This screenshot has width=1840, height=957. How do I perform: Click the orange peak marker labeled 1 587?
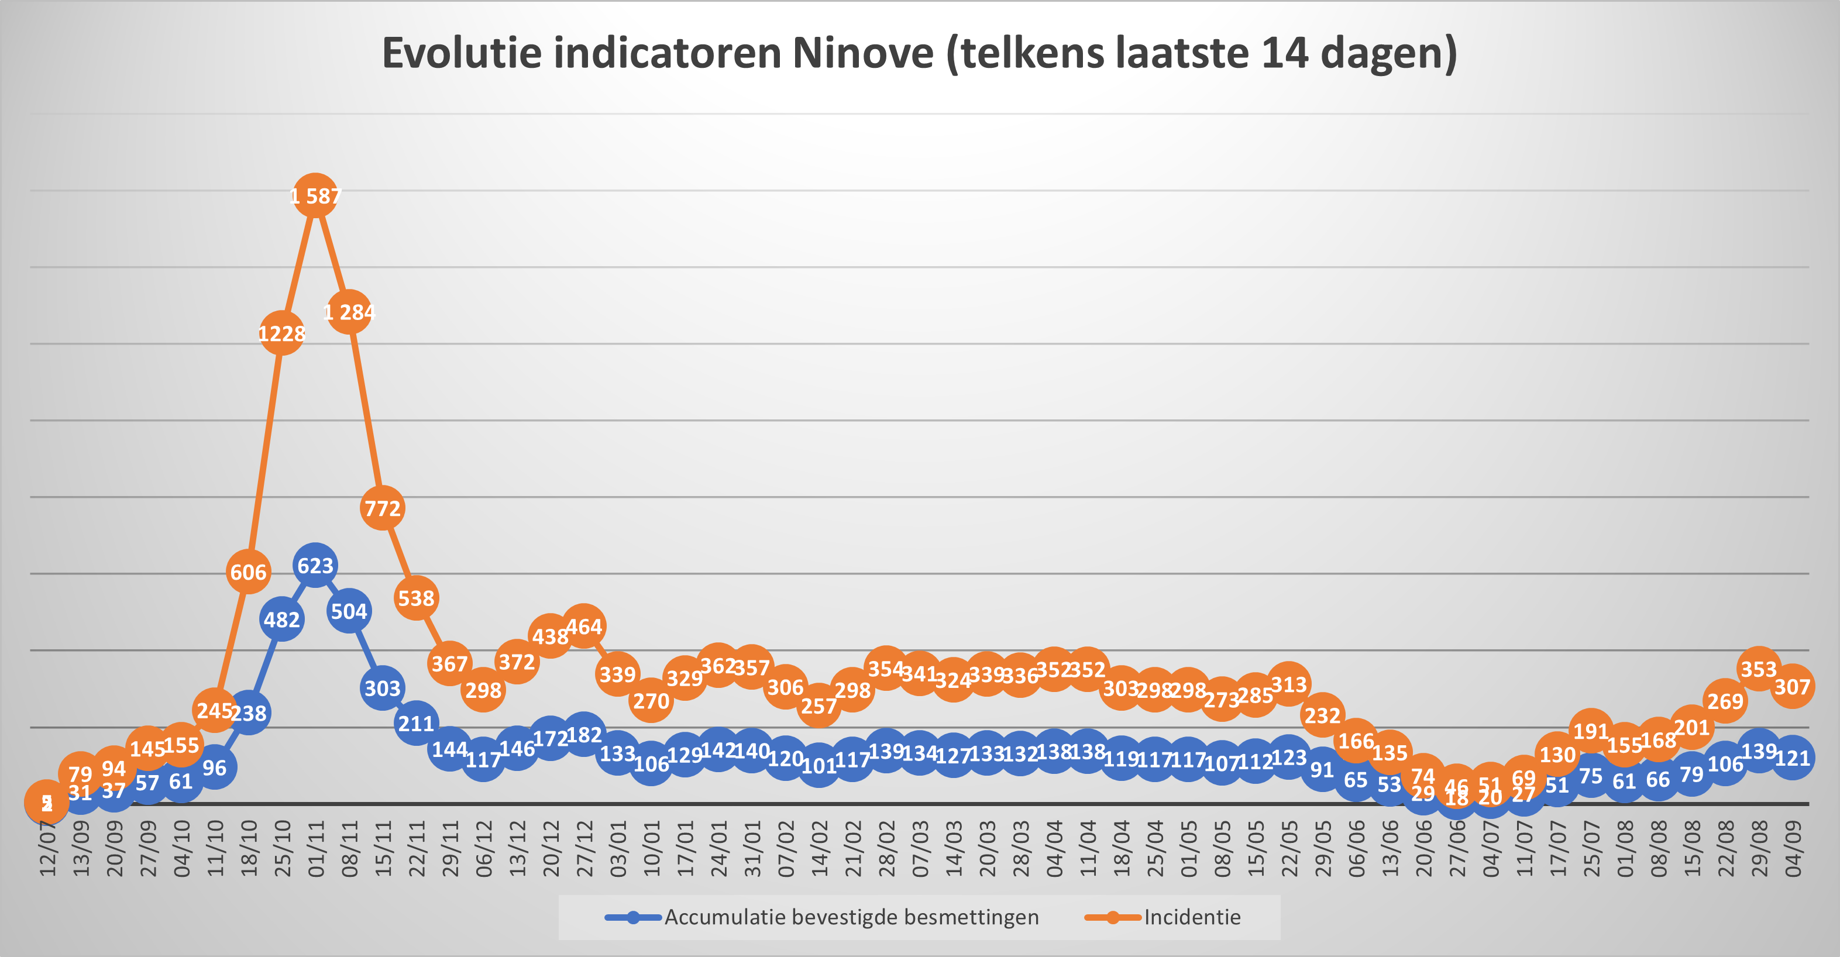click(x=315, y=195)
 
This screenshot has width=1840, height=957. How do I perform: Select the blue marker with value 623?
click(x=315, y=566)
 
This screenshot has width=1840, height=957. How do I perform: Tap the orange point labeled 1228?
click(x=281, y=333)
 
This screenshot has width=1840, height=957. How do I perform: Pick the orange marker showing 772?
click(x=382, y=508)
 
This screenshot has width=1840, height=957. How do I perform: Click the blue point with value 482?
click(x=281, y=619)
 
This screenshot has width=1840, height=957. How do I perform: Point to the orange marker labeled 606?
click(x=248, y=572)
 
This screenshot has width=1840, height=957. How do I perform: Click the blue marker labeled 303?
click(x=382, y=688)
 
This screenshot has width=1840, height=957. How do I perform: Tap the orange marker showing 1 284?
click(x=349, y=312)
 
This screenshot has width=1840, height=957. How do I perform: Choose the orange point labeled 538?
click(x=416, y=598)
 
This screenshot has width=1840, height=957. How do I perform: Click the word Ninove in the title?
click(x=862, y=54)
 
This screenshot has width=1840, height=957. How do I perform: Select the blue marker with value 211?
click(x=416, y=724)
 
